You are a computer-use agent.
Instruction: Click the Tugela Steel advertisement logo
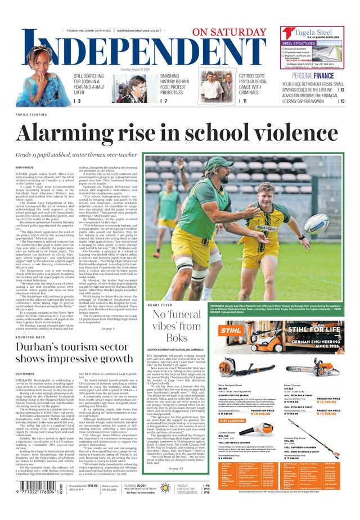click(312, 33)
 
